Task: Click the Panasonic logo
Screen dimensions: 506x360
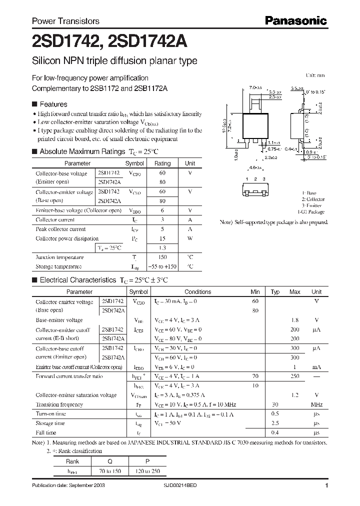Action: (296, 21)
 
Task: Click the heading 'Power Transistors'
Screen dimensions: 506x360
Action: (65, 21)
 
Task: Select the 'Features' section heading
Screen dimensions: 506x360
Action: (53, 104)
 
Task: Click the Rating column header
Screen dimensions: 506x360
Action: (162, 163)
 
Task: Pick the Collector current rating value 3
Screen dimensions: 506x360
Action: (162, 219)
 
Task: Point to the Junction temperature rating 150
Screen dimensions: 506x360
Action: (162, 257)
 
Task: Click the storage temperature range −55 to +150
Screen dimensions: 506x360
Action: (162, 266)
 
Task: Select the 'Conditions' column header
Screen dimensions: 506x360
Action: (198, 292)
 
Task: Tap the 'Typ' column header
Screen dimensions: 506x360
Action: (275, 292)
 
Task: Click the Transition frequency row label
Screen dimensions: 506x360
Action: (59, 404)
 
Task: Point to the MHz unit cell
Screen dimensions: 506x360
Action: (316, 404)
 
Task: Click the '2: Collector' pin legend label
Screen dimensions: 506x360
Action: (313, 199)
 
